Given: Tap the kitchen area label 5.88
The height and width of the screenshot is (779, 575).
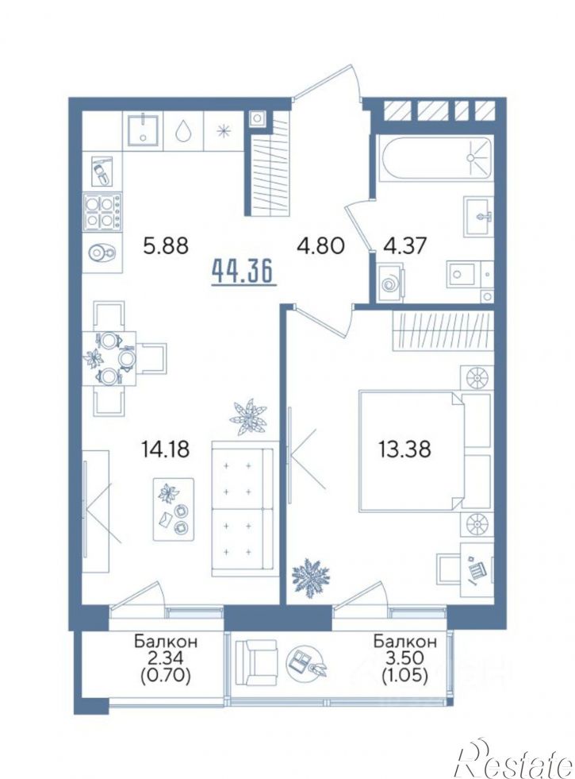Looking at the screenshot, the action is click(166, 245).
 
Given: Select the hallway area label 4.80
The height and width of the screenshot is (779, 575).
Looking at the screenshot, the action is click(320, 245).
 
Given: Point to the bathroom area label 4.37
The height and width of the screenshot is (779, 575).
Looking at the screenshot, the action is click(404, 245).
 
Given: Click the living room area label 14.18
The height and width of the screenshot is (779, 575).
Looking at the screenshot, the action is click(165, 450).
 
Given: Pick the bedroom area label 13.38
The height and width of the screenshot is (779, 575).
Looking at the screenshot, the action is click(404, 450).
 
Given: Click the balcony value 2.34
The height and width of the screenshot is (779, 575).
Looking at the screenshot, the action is click(166, 658).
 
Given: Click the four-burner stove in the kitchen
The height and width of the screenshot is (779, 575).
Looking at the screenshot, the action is click(102, 211).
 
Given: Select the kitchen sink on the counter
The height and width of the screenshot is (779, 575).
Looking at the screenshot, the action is click(143, 130).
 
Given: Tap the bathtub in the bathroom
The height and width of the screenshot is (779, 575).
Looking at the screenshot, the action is click(435, 157).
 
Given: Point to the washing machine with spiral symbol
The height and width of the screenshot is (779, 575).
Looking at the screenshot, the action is click(390, 283).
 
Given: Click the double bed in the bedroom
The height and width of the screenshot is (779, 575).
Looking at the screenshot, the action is click(424, 450).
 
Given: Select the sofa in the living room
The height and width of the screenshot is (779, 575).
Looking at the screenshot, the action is click(243, 508).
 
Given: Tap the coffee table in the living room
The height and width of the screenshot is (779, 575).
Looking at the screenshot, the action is click(173, 508).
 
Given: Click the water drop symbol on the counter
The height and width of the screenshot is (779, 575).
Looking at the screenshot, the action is click(182, 131).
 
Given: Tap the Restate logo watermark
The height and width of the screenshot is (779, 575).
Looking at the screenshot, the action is click(516, 760).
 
